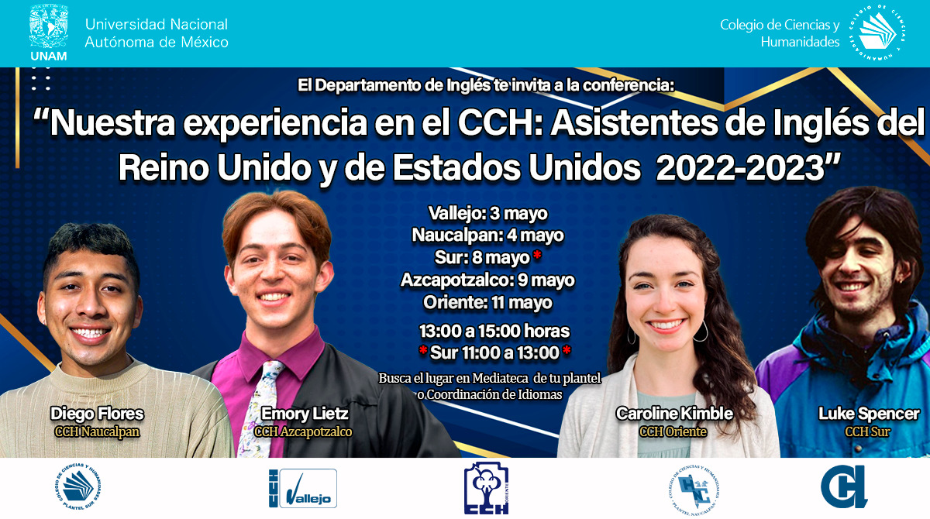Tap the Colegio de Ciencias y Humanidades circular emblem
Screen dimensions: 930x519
click(x=877, y=33)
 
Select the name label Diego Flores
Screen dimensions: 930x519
click(x=97, y=414)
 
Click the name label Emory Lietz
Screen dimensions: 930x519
click(x=305, y=414)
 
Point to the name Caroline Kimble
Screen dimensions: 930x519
click(x=674, y=414)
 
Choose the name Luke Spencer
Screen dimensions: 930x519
click(x=869, y=414)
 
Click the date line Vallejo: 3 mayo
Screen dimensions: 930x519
click(x=487, y=214)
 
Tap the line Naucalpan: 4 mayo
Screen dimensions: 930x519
click(x=487, y=235)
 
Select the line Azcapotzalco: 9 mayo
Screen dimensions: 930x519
click(x=487, y=280)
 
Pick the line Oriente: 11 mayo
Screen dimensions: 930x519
click(x=487, y=302)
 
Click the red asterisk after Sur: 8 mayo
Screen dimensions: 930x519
click(x=537, y=255)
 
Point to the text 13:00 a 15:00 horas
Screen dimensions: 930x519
click(x=494, y=331)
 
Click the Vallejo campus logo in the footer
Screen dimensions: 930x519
click(x=303, y=488)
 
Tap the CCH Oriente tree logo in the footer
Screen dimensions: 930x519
click(x=486, y=488)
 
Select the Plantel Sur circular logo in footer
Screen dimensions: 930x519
click(x=77, y=487)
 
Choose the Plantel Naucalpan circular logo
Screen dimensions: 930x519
click(x=694, y=490)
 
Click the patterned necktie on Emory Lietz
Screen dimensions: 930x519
click(x=260, y=409)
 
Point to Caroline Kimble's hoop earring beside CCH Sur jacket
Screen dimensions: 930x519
click(x=701, y=331)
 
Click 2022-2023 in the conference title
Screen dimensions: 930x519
click(x=740, y=168)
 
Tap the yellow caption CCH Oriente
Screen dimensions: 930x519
click(x=673, y=432)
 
